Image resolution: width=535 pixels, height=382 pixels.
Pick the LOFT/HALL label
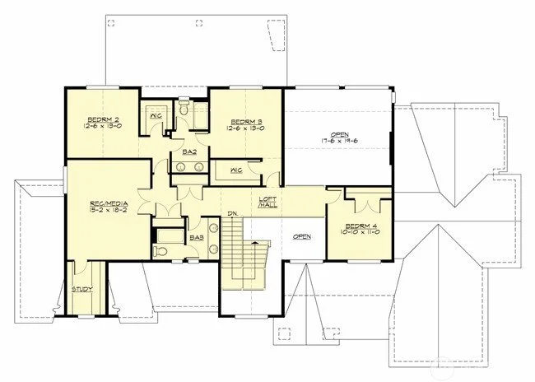(x=267, y=202)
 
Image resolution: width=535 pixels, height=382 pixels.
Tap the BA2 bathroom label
(x=188, y=153)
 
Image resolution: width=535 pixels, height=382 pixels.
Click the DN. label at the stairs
(x=233, y=215)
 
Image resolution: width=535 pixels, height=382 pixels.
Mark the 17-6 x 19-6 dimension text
(x=339, y=141)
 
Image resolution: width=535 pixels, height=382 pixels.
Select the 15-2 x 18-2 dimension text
(x=108, y=210)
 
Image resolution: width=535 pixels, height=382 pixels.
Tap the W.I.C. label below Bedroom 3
(x=235, y=170)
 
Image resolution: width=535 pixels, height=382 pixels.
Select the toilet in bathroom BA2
(x=184, y=109)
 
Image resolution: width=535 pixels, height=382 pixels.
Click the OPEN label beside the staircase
(x=302, y=237)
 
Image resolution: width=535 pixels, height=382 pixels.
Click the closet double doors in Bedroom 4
(x=363, y=198)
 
